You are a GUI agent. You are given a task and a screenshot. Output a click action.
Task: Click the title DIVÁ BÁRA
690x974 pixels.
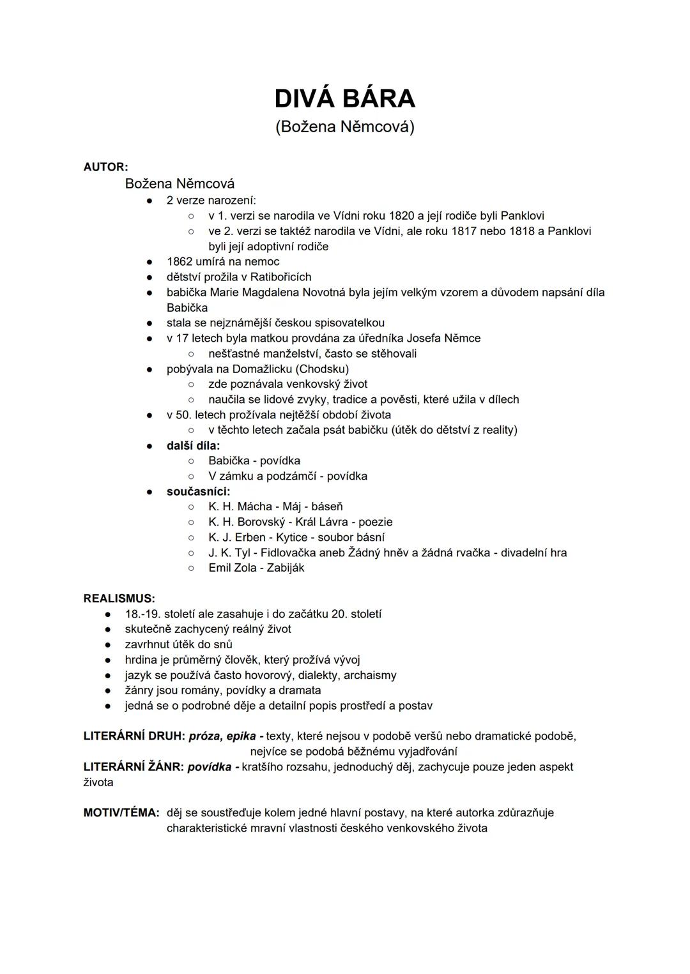click(344, 99)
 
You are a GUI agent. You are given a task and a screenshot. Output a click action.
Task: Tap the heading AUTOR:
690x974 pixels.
click(105, 167)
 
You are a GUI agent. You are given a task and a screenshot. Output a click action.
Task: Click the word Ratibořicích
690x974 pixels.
click(280, 277)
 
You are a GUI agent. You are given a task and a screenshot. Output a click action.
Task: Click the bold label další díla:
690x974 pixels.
click(193, 446)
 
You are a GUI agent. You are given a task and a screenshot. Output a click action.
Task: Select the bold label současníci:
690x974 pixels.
click(198, 492)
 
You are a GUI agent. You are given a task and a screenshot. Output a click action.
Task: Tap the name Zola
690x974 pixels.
click(245, 568)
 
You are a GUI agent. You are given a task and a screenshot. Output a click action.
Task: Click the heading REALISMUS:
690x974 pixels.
click(119, 599)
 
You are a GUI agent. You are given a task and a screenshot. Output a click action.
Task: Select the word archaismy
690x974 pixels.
click(370, 676)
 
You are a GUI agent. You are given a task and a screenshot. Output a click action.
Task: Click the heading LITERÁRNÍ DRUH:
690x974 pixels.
click(134, 736)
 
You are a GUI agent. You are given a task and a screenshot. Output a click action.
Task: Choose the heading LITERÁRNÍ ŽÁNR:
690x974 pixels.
click(134, 767)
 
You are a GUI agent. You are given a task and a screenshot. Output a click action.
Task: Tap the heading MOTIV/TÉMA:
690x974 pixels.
click(121, 813)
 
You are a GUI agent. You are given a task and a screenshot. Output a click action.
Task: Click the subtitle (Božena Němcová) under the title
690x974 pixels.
click(344, 127)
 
